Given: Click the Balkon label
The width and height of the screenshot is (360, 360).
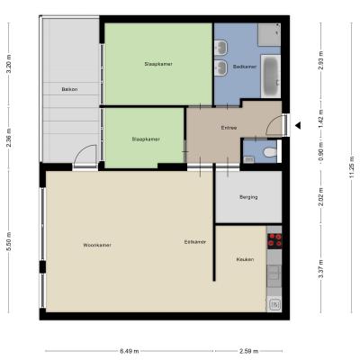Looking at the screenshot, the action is [x=69, y=89].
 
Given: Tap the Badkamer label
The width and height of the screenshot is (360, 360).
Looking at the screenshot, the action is [x=245, y=67].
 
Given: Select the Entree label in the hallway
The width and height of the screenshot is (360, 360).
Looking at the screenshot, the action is [x=229, y=128].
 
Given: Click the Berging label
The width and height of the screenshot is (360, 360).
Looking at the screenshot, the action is [x=248, y=197].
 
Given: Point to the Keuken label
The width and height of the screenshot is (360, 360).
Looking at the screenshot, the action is [x=245, y=259].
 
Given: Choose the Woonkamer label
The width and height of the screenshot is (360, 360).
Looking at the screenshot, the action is [x=97, y=245].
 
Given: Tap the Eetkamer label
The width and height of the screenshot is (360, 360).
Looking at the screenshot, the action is [x=195, y=242].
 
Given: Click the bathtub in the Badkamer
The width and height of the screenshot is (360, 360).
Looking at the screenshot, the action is [x=271, y=76].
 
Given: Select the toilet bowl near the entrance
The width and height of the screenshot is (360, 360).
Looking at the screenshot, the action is [x=270, y=152].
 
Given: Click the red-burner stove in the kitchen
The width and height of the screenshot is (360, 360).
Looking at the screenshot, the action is [x=274, y=241].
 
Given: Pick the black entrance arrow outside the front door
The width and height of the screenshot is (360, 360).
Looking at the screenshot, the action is [x=298, y=126].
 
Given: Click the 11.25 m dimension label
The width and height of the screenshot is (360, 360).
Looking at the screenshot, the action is [x=352, y=167].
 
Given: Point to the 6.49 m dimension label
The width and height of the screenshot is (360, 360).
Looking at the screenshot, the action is [x=130, y=351].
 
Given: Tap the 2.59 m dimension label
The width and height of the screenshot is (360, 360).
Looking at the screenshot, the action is [x=248, y=351].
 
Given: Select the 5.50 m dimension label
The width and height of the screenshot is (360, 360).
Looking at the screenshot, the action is [x=9, y=242].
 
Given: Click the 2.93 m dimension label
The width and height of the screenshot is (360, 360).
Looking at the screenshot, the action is [x=321, y=61].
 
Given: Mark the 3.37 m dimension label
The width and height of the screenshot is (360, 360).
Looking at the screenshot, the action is [x=321, y=269].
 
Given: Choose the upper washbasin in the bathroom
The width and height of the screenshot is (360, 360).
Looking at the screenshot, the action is [x=221, y=47].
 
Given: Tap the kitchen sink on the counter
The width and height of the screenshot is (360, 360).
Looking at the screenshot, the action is [x=274, y=273].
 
